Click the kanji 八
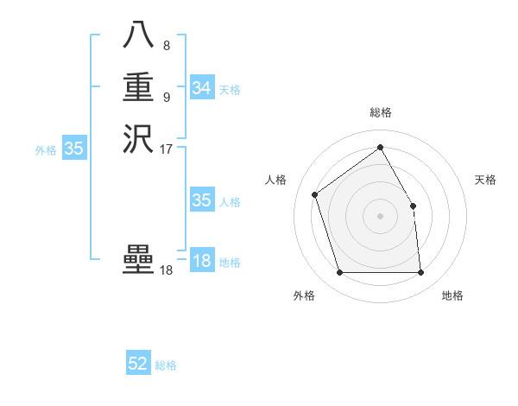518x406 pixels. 138,35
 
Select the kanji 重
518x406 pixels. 138,87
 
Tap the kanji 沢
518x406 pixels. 138,139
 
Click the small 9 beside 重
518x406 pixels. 166,96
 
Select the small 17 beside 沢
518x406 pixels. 167,149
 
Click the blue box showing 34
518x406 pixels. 201,88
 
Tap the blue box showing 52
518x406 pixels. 138,364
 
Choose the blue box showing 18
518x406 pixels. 201,262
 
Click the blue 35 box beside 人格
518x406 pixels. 201,200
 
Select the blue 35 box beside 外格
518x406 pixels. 74,149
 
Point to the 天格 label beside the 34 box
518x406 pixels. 230,90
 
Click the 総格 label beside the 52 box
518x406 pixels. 166,365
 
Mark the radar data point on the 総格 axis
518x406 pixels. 380,148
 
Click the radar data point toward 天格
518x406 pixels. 413,206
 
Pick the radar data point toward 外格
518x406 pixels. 339,273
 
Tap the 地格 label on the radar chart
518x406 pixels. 452,296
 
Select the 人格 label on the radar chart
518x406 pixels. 276,180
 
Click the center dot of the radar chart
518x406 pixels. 380,216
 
